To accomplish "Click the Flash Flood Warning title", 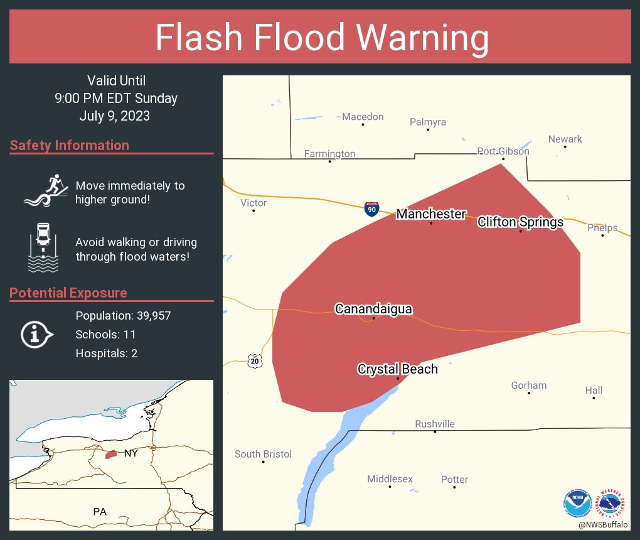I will (322, 38).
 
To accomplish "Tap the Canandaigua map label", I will (373, 309).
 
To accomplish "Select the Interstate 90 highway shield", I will (371, 209).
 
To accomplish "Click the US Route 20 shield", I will (254, 360).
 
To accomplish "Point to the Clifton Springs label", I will (520, 222).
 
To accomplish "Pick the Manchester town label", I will (431, 214).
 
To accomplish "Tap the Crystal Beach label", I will (397, 369).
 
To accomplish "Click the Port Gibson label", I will (503, 151).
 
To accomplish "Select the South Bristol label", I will (263, 454).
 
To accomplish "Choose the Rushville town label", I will (435, 424).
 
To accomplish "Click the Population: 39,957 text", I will (123, 315).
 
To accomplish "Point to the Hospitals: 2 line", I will (107, 354).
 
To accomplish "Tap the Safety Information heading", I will (70, 146).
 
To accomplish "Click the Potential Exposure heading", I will (68, 293).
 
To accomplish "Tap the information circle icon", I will (36, 334).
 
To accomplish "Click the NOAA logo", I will (577, 503).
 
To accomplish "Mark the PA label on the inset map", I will (100, 512).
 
